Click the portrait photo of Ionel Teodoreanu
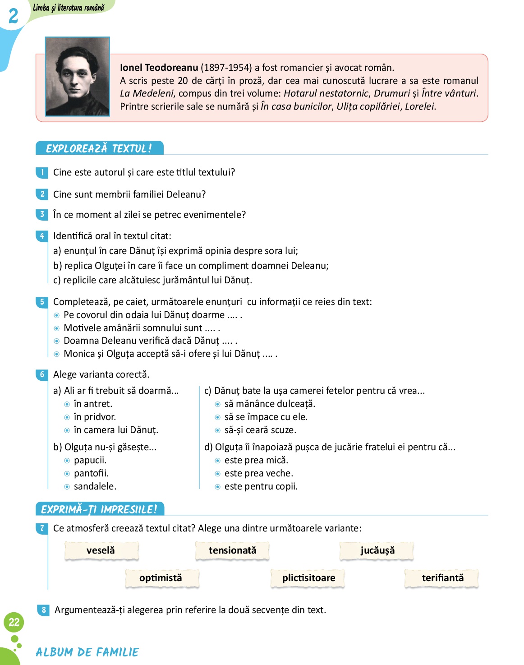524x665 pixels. [x=78, y=76]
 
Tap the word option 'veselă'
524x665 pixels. [x=101, y=550]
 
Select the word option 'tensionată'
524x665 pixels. [x=232, y=550]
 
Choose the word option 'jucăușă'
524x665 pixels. [x=377, y=550]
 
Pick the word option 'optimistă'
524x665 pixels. [x=161, y=578]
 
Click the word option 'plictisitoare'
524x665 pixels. [x=308, y=578]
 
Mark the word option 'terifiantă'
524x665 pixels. [x=442, y=578]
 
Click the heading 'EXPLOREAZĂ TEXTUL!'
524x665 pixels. [x=99, y=148]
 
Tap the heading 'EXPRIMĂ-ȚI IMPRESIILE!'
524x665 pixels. [x=99, y=509]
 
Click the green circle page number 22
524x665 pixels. [x=14, y=623]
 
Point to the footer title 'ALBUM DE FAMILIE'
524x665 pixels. [x=87, y=652]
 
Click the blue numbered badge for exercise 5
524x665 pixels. [x=42, y=302]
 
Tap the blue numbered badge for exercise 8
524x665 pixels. [x=43, y=610]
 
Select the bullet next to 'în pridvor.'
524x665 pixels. [x=67, y=417]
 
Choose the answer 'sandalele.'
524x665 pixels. [x=95, y=486]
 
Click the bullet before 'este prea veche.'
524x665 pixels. [x=218, y=474]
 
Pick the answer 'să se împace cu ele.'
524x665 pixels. [x=266, y=417]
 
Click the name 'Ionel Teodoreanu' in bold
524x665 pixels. [x=159, y=68]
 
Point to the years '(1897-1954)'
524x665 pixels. [x=226, y=68]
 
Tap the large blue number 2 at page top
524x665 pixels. [x=14, y=16]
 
